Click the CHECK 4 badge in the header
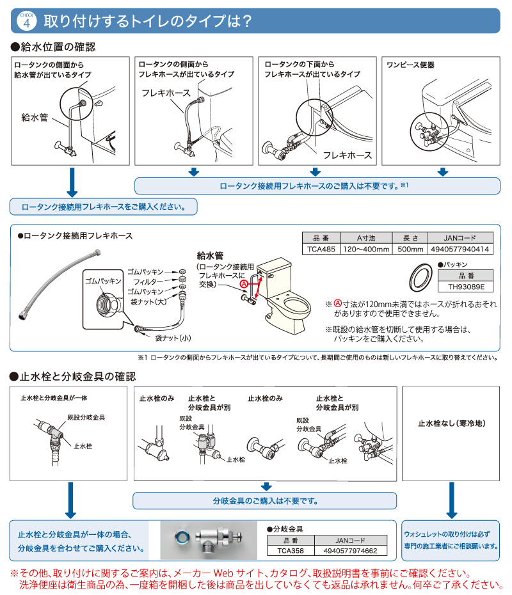(26, 20)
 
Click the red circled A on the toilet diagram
(244, 283)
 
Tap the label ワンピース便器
(410, 65)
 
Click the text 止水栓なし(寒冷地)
(452, 423)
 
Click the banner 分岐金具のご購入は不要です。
(264, 500)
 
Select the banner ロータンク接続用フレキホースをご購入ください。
(104, 207)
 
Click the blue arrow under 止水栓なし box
(452, 499)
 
